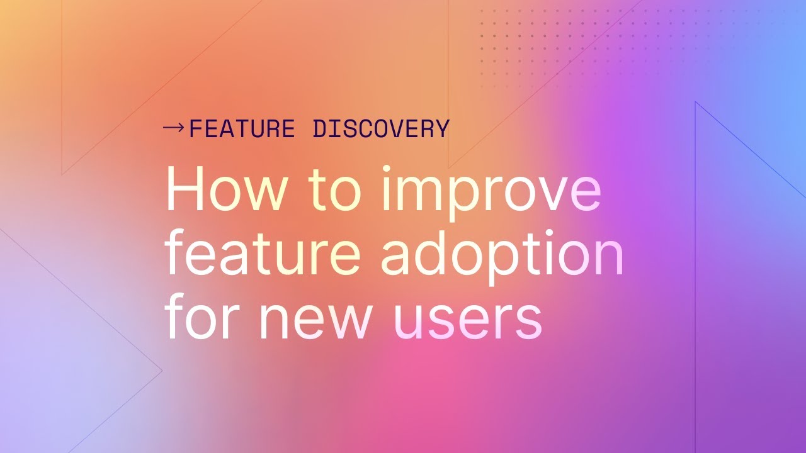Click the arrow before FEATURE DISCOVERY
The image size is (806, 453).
(x=174, y=128)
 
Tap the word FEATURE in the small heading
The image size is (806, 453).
(x=242, y=129)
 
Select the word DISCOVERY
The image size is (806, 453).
(x=381, y=129)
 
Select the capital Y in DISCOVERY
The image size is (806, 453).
(x=441, y=129)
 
